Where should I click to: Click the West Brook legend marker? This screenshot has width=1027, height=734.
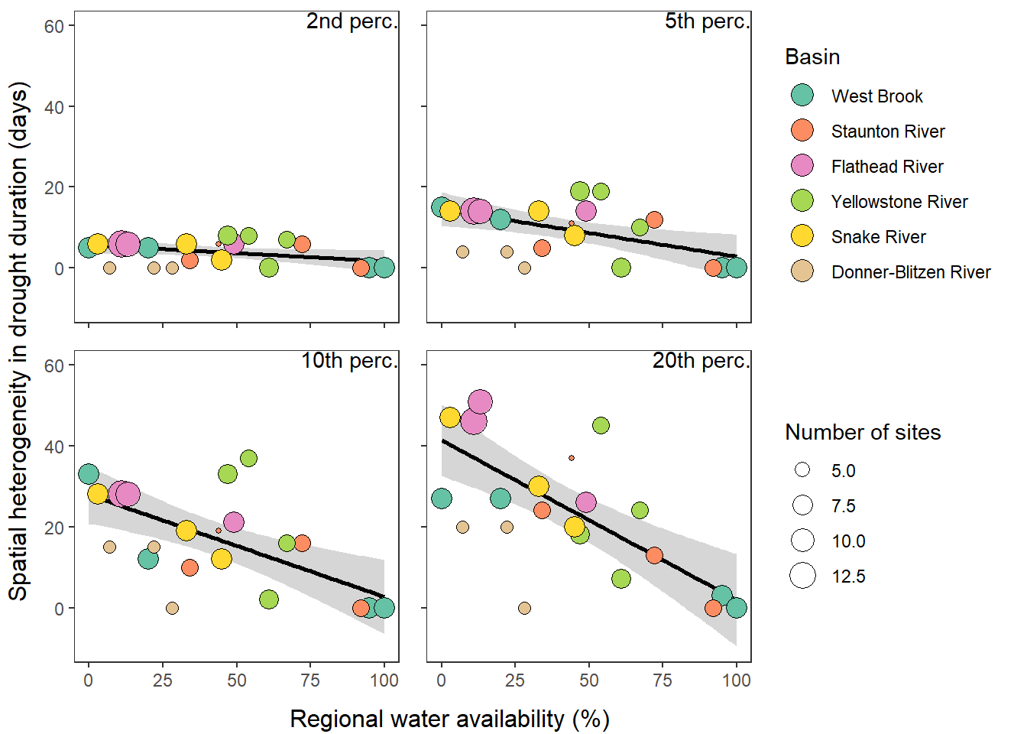click(x=802, y=96)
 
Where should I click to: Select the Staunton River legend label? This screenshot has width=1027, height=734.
click(x=888, y=132)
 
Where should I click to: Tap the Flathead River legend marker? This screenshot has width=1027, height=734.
click(x=802, y=166)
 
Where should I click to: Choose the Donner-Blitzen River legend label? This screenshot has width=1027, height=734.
click(x=911, y=272)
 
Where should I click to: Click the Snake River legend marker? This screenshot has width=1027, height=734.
click(x=802, y=236)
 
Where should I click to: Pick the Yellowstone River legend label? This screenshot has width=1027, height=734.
click(x=899, y=202)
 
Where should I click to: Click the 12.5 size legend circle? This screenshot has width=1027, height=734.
click(x=802, y=576)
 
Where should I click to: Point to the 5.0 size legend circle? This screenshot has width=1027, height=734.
click(x=802, y=470)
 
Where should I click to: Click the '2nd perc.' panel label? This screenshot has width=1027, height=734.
click(x=352, y=21)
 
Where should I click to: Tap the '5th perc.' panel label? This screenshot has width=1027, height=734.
click(x=707, y=21)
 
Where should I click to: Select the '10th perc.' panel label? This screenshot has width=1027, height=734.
click(x=349, y=361)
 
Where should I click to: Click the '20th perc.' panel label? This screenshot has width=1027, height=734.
click(x=701, y=361)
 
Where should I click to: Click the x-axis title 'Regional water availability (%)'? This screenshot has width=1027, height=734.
click(x=449, y=719)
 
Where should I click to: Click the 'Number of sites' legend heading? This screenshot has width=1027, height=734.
click(x=863, y=433)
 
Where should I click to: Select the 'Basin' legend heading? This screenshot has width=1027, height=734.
click(x=812, y=57)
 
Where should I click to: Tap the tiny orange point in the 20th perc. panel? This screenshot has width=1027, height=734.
click(x=572, y=458)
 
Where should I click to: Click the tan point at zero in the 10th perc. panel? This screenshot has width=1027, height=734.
click(x=172, y=609)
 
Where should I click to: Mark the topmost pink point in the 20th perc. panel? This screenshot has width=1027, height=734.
click(x=480, y=401)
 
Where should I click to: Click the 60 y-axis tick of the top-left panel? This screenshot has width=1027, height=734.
click(x=53, y=27)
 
